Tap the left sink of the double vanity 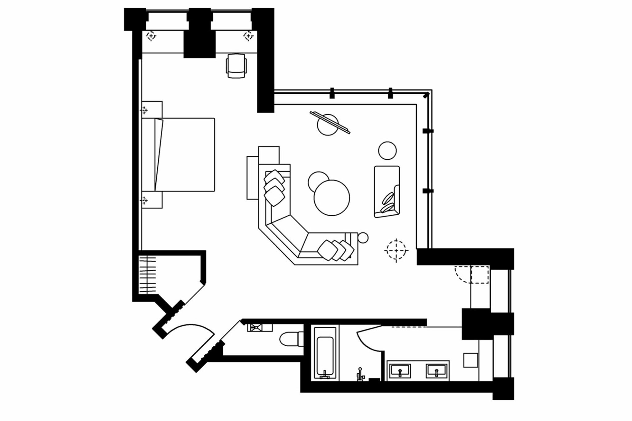click(400, 371)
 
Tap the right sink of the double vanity click(436, 371)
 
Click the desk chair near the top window click(236, 66)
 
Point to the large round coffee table click(332, 198)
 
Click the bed click(178, 155)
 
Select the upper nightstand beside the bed click(152, 109)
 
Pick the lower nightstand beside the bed click(152, 200)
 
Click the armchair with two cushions click(387, 191)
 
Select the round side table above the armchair click(387, 151)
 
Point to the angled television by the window click(330, 122)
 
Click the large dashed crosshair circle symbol click(396, 250)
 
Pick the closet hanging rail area click(147, 275)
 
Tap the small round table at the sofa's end click(363, 238)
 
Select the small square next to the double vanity click(470, 360)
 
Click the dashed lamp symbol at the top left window click(151, 36)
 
